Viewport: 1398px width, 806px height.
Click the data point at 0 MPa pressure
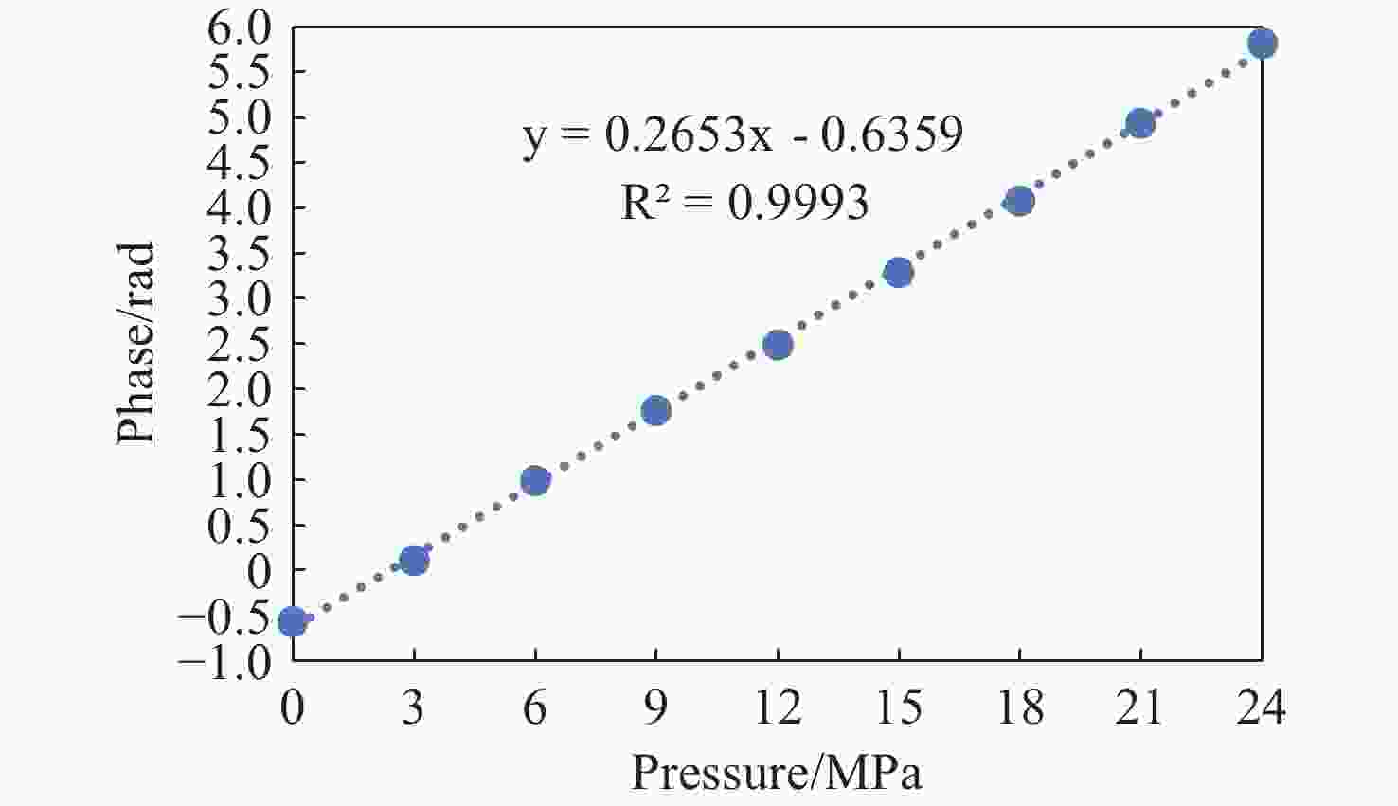tap(293, 620)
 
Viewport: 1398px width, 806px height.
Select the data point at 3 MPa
tap(414, 561)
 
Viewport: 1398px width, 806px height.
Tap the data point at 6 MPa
tap(535, 481)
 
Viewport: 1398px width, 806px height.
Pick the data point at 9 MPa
tap(656, 411)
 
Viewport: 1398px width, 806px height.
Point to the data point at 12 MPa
tap(778, 345)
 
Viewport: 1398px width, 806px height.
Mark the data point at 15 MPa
tap(899, 272)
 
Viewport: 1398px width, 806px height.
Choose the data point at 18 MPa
tap(1020, 201)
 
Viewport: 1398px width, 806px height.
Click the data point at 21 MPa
tap(1141, 124)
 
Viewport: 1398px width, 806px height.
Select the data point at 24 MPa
tap(1262, 44)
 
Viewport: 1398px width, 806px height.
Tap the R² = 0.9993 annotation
tap(744, 203)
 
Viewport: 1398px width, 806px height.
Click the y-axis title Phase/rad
tap(135, 344)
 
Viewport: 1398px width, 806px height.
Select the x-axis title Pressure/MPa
tap(777, 773)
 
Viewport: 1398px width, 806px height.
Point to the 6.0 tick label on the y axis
tap(240, 28)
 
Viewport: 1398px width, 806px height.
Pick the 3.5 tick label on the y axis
tap(240, 254)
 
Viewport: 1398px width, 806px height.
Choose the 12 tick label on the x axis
tap(779, 707)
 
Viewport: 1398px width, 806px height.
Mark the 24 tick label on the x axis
tap(1262, 707)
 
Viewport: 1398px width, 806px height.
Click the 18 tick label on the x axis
tap(1020, 707)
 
